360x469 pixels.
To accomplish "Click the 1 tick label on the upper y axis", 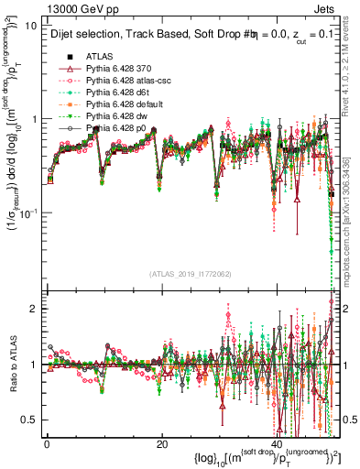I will click(36, 120).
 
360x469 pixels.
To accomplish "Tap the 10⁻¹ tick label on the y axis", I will click(30, 213).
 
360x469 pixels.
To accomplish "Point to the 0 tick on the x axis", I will click(47, 444).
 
